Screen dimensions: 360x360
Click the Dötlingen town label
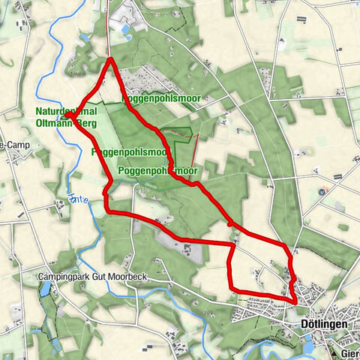pos(323,323)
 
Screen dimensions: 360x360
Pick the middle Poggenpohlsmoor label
pos(129,151)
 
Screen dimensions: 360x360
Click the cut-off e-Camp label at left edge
pos(13,145)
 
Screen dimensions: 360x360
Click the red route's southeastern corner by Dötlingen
pos(295,301)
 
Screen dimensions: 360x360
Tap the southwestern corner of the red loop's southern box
pos(230,289)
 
